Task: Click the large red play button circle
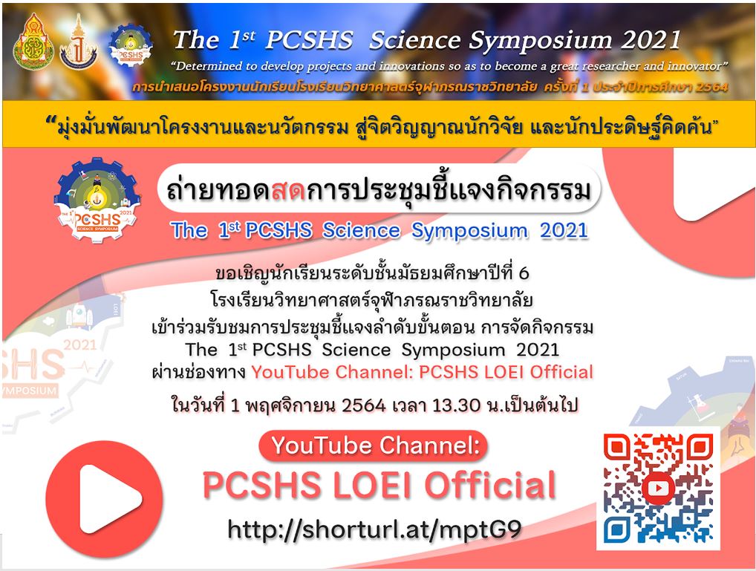point(104,499)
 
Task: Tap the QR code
point(658,488)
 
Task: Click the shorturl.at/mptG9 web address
point(374,529)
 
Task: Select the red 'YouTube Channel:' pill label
point(374,446)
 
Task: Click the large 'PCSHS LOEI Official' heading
point(379,485)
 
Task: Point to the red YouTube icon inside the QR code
point(658,488)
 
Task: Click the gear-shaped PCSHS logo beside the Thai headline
point(97,199)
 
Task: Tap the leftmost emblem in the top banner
point(33,42)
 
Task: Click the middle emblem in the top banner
point(79,42)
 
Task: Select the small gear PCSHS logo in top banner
point(131,46)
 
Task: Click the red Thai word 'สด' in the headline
point(288,191)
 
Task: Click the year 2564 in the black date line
point(364,405)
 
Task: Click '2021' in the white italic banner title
point(651,40)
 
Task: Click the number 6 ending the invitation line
point(524,274)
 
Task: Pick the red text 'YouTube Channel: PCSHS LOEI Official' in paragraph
point(422,372)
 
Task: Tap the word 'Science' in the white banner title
point(414,40)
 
